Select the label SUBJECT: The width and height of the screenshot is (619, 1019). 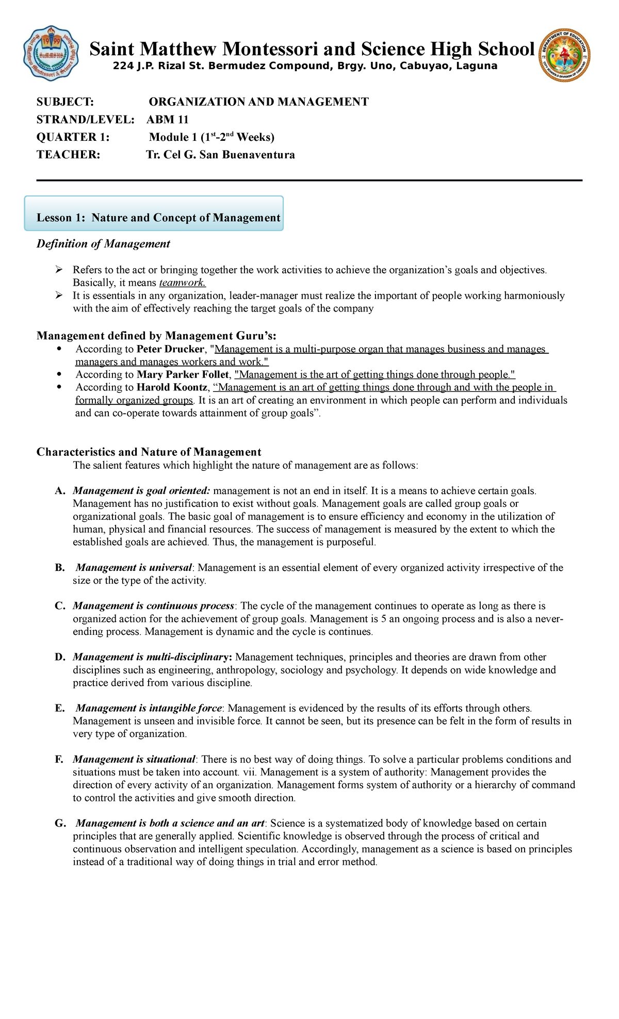pyautogui.click(x=65, y=102)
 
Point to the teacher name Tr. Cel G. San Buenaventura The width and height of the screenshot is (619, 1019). pyautogui.click(x=221, y=155)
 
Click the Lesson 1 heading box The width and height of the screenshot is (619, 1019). pyautogui.click(x=154, y=214)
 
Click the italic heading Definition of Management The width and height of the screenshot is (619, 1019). pyautogui.click(x=103, y=244)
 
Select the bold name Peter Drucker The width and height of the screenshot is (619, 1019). pyautogui.click(x=170, y=349)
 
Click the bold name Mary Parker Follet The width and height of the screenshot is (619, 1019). pyautogui.click(x=182, y=375)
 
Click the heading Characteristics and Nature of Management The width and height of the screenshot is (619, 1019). pyautogui.click(x=149, y=452)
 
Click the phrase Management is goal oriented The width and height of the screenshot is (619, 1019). pyautogui.click(x=141, y=491)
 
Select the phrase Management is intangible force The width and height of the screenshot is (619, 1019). pyautogui.click(x=149, y=709)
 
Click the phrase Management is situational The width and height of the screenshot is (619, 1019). pyautogui.click(x=134, y=760)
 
